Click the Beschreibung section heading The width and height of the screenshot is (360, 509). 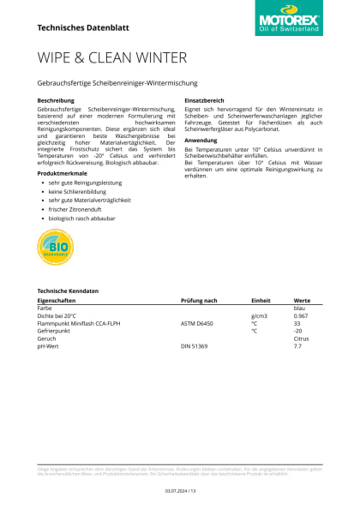coord(56,100)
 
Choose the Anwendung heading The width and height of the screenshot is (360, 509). coord(201,139)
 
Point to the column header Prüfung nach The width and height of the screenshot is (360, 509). coord(199,301)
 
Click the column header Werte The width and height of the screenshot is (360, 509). coord(302,301)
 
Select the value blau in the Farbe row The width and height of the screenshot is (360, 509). coord(299,308)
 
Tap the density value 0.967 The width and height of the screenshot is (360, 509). coord(301,316)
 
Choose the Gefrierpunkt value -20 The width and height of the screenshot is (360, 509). coord(298,331)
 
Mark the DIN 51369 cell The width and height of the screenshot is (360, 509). coord(195,345)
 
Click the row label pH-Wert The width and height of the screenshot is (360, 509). coord(50,345)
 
